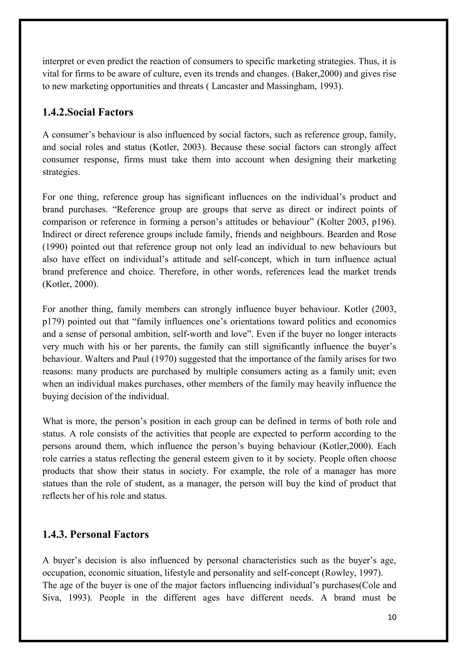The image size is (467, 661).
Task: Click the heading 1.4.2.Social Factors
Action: (88, 112)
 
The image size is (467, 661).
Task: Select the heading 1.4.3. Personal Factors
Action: (96, 534)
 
